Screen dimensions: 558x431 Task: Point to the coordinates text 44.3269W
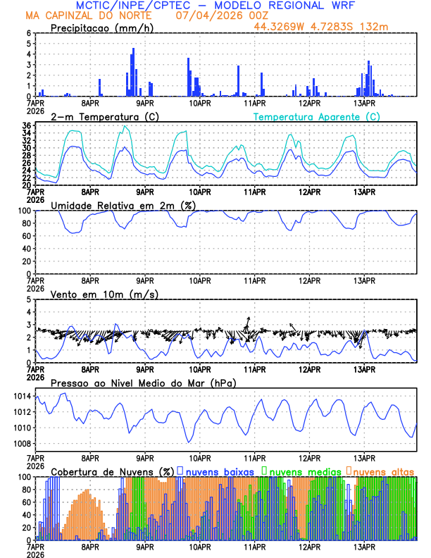(281, 26)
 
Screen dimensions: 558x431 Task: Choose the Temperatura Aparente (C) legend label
(316, 116)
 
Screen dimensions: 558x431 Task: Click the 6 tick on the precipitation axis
(29, 33)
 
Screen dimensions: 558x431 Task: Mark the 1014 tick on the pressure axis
(22, 397)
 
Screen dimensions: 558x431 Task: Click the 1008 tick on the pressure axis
(22, 444)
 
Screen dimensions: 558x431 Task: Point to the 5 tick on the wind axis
(29, 299)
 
